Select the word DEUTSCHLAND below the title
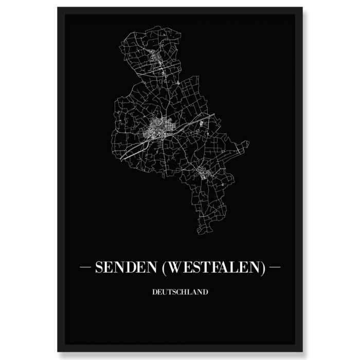pos(179,293)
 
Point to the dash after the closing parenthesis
pos(275,268)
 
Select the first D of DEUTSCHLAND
pos(153,293)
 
